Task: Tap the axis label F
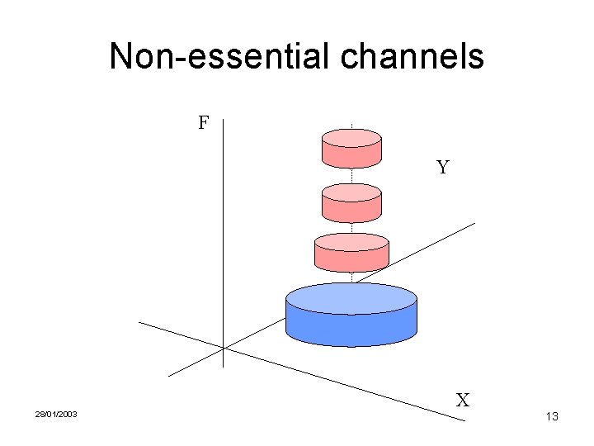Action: (203, 124)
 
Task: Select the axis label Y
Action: (443, 168)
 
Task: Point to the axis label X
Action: (463, 401)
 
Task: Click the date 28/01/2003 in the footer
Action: (56, 414)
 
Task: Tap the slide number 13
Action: (552, 417)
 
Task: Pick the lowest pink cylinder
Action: (351, 254)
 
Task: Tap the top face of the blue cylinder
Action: (351, 298)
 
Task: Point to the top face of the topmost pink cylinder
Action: (351, 137)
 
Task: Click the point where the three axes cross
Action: (224, 348)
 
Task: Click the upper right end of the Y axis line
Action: (474, 223)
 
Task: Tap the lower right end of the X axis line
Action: (464, 421)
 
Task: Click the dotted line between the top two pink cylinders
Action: (352, 176)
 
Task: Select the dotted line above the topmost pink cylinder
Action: (352, 126)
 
